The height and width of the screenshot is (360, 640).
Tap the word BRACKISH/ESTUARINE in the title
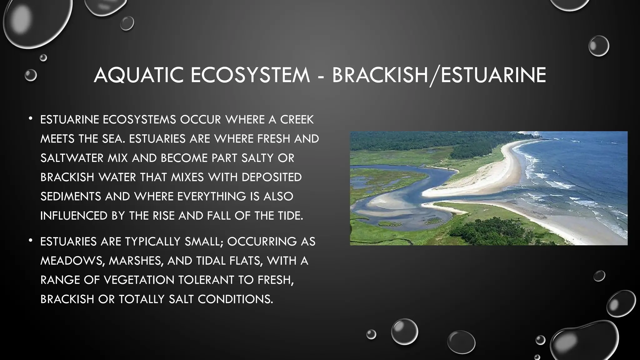[439, 75]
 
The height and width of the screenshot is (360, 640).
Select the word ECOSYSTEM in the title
[250, 75]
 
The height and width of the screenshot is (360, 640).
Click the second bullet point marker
[30, 240]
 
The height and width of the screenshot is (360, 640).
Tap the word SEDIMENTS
[71, 197]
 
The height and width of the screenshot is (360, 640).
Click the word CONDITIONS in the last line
[235, 299]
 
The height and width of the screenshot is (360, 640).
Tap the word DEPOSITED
[272, 177]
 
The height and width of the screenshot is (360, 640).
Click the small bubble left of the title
[31, 75]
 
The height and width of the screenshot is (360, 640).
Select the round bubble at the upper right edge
[598, 46]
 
